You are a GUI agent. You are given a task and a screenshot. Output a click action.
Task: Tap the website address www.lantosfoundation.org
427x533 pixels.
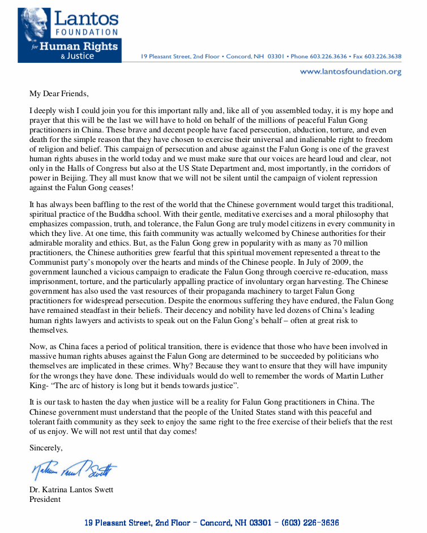(350, 72)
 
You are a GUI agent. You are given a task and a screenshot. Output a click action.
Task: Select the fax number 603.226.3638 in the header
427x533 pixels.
(383, 57)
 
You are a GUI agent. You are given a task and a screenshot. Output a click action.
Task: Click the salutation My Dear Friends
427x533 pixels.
(59, 93)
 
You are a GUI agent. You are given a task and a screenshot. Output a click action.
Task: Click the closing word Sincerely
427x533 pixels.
(46, 448)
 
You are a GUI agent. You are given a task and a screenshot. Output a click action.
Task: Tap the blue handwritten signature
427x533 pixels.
(74, 470)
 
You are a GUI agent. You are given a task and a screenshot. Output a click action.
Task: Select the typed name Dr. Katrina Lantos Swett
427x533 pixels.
(71, 490)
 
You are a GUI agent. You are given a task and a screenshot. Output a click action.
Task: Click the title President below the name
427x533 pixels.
(45, 499)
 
